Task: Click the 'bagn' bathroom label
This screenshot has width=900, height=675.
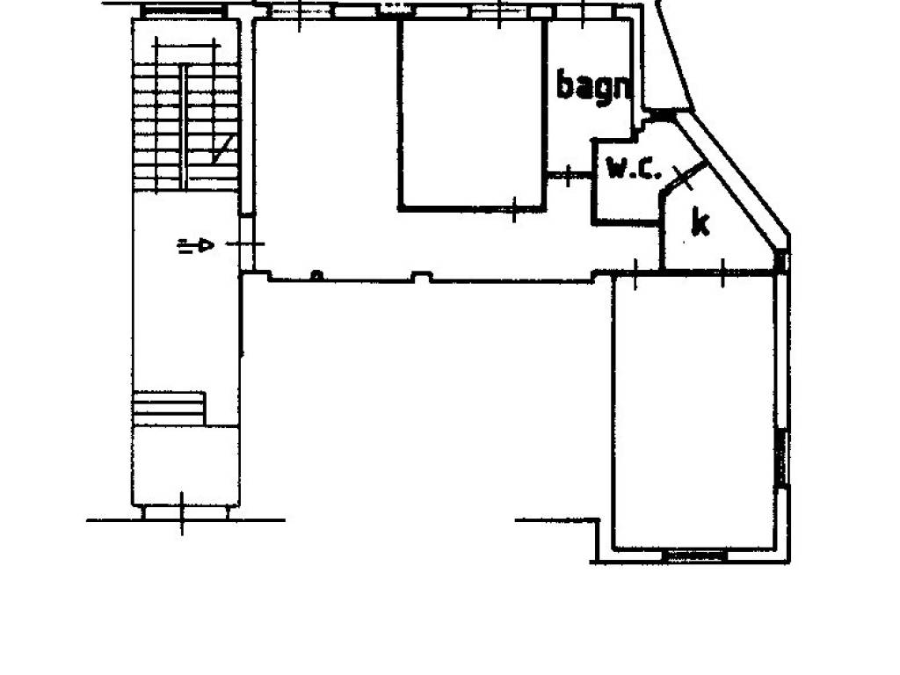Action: click(595, 87)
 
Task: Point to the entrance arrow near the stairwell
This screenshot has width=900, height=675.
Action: click(196, 246)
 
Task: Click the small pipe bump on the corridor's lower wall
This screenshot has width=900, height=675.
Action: click(316, 276)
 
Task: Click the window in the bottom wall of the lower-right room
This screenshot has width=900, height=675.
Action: click(695, 555)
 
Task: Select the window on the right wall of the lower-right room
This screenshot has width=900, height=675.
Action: click(780, 458)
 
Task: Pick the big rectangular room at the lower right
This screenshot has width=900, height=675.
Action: click(694, 412)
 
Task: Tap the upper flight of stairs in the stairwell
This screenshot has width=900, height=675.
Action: click(185, 127)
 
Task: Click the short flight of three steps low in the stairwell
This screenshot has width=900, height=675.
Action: click(169, 409)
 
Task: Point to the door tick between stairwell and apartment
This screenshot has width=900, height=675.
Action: click(246, 244)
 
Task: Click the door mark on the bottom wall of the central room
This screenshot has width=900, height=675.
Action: click(514, 209)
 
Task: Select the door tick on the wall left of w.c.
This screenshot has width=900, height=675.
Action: click(569, 175)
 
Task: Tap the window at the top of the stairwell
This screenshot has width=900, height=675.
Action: click(183, 11)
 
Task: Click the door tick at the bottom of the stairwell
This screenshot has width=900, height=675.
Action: click(183, 513)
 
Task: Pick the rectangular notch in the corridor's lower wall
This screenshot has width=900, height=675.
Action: click(422, 277)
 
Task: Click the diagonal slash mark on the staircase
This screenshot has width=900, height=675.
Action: click(224, 149)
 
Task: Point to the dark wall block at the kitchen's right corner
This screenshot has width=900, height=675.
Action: click(781, 261)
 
